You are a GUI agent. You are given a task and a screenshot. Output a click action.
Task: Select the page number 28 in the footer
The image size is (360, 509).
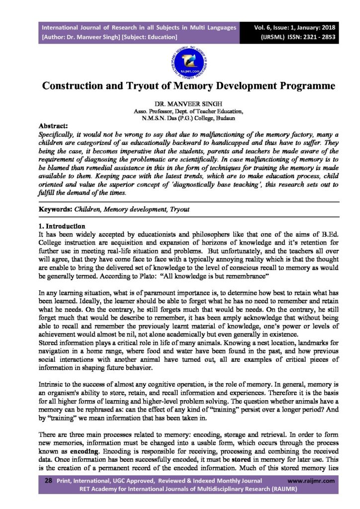click(48, 481)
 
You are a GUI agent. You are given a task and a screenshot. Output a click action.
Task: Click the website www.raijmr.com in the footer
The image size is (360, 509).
click(311, 481)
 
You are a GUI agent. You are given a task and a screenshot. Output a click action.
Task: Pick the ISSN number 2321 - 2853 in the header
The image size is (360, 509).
click(309, 37)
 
